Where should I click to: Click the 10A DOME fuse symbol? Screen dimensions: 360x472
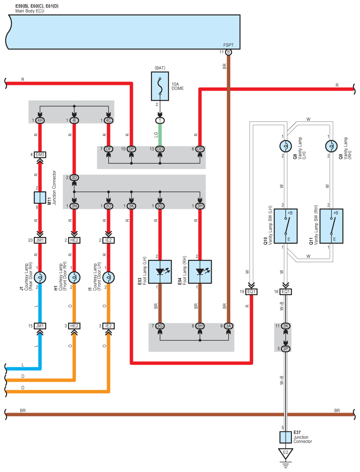(x=160, y=86)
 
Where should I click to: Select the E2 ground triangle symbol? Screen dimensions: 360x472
(x=286, y=453)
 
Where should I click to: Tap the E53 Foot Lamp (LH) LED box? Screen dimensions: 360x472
(x=160, y=272)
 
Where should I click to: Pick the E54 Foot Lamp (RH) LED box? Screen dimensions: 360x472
(x=200, y=272)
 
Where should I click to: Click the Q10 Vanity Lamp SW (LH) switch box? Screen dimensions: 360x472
(x=286, y=226)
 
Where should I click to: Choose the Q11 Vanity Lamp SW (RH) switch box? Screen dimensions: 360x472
(x=331, y=226)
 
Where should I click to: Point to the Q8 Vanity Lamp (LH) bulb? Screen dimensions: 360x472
(x=286, y=146)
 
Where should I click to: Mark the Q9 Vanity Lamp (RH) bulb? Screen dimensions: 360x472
(x=331, y=146)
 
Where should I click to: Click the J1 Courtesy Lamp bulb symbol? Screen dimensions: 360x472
(x=40, y=277)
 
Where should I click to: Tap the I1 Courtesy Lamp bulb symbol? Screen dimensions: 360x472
(x=108, y=277)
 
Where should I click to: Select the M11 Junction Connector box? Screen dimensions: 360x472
(x=40, y=198)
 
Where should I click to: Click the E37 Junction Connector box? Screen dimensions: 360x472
(x=286, y=437)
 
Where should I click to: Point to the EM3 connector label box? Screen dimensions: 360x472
(x=40, y=155)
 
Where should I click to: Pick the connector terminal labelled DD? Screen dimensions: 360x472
(x=160, y=149)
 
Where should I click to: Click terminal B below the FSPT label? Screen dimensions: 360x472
(x=228, y=52)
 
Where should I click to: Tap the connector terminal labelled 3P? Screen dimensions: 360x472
(x=286, y=349)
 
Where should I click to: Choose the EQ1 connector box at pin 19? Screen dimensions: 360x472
(x=251, y=292)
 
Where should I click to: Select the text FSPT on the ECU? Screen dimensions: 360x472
(x=228, y=45)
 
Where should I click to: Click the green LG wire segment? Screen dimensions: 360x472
(x=160, y=135)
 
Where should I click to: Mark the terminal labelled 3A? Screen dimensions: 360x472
(x=228, y=326)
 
